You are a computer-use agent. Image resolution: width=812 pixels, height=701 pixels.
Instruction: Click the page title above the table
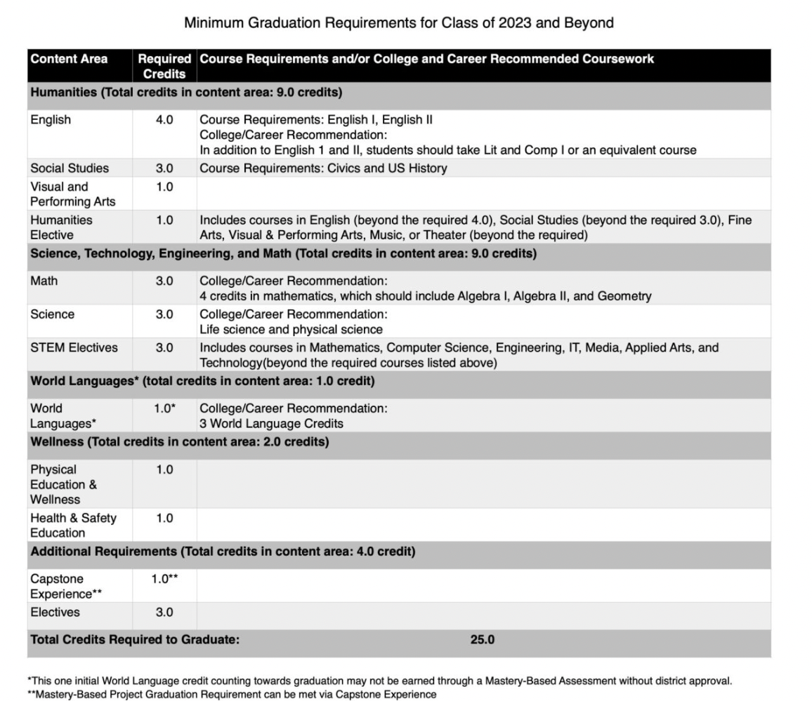click(398, 23)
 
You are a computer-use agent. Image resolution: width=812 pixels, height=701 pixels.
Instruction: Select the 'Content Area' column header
click(69, 59)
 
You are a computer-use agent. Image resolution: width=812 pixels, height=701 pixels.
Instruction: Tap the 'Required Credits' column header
click(164, 66)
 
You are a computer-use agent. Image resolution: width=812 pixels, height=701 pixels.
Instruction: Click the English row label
click(51, 120)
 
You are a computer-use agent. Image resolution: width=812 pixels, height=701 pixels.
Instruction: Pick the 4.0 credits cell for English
click(164, 120)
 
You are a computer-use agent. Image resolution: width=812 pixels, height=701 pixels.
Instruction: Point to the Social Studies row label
click(70, 168)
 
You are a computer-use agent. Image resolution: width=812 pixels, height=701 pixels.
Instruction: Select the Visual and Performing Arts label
click(63, 194)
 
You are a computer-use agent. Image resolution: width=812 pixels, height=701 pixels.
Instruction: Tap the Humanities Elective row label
click(61, 227)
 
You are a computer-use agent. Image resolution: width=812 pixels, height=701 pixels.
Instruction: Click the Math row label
click(44, 281)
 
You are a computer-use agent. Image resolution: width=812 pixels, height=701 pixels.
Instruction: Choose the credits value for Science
click(164, 314)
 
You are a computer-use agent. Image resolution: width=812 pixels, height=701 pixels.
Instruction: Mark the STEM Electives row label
click(74, 347)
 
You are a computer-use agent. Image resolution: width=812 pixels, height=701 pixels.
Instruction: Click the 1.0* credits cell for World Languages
click(164, 408)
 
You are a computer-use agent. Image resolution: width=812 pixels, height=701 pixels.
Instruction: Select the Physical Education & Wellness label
click(64, 484)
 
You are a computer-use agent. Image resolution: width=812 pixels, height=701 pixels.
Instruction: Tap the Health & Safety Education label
click(73, 525)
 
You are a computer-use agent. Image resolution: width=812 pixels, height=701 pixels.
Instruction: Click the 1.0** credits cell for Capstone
click(164, 579)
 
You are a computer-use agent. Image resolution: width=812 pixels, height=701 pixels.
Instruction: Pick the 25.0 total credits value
click(483, 640)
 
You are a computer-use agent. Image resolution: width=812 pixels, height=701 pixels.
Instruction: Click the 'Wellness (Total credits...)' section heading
click(179, 442)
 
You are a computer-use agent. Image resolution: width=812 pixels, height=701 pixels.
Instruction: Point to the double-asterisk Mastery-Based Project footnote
click(232, 695)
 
